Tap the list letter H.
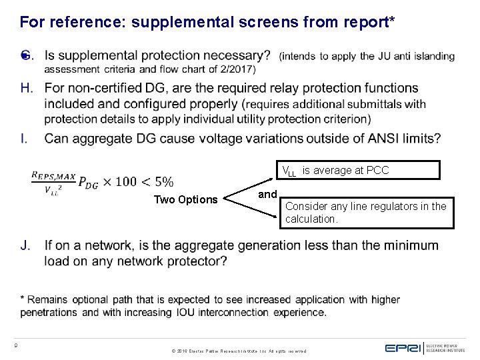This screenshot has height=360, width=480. point(26,88)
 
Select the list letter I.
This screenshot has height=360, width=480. point(24,139)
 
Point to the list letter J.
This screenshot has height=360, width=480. point(25,245)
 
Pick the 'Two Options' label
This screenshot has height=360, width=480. point(185,199)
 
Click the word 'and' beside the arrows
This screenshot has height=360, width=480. point(267,194)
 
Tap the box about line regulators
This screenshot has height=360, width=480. point(366,213)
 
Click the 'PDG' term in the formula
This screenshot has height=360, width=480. point(86,183)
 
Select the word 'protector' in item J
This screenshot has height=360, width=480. point(194,261)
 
